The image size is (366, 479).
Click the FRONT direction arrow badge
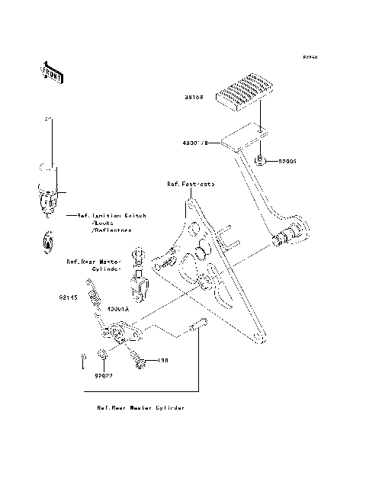point(51,72)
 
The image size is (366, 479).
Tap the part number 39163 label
point(193,98)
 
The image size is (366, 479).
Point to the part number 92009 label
point(287,162)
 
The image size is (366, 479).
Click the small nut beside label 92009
point(262,159)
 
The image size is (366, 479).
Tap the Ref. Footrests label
point(191,185)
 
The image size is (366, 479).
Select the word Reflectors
point(112,230)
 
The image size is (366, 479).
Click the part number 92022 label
point(104,375)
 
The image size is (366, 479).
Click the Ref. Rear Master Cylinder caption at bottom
point(140,408)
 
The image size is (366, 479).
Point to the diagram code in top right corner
point(309,57)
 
